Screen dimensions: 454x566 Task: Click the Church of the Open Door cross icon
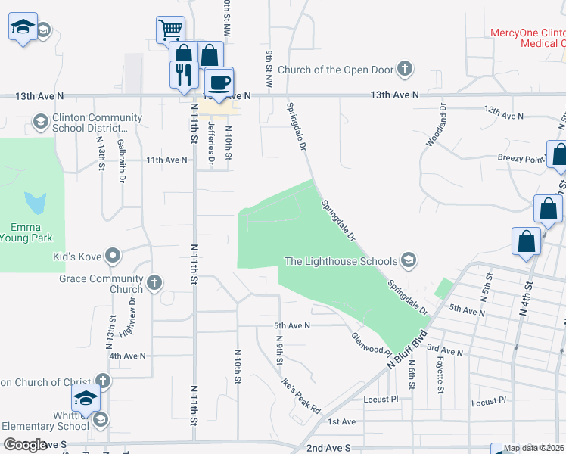point(405,70)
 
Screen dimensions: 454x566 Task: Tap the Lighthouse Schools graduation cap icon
point(409,261)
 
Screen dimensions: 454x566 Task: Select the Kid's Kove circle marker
point(114,256)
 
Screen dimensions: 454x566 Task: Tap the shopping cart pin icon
point(171,31)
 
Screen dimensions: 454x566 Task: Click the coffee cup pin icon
point(219,82)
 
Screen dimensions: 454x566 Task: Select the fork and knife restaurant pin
point(183,74)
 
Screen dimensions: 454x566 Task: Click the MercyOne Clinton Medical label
point(527,38)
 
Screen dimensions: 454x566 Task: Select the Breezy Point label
point(520,159)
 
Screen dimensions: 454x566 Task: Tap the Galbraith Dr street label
point(121,160)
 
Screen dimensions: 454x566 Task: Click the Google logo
point(24,445)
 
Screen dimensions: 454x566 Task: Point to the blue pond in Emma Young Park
point(35,202)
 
